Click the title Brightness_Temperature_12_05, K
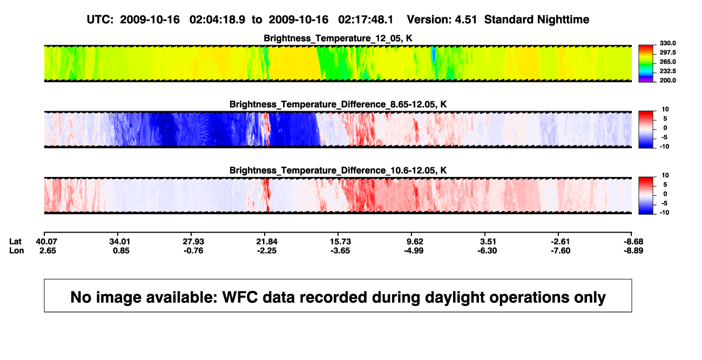point(338,38)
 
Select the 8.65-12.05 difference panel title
point(338,104)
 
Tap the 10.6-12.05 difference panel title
point(338,171)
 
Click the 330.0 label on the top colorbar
point(667,43)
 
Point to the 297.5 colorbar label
point(667,52)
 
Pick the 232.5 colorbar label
point(667,71)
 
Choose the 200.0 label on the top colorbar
point(667,80)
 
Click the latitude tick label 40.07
point(46,242)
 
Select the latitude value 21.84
point(267,242)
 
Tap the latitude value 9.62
point(415,242)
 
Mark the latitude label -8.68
point(633,242)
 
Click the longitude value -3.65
point(340,250)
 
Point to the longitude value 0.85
point(122,250)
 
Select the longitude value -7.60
point(561,250)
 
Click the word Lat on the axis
point(15,242)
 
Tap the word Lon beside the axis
point(17,250)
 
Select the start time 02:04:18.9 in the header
point(217,20)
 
